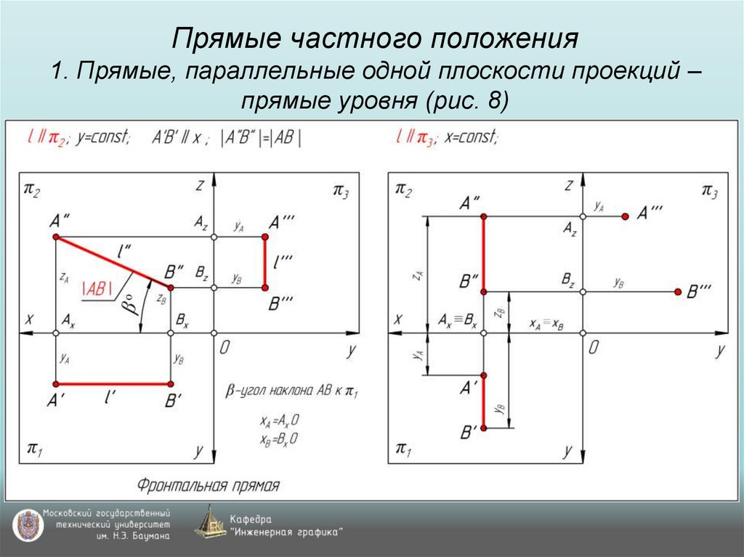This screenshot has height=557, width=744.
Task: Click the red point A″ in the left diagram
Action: click(x=55, y=237)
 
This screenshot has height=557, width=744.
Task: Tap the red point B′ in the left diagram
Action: click(x=170, y=384)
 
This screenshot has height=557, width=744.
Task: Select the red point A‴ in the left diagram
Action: click(x=264, y=237)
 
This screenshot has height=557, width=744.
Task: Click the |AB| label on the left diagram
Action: click(x=97, y=288)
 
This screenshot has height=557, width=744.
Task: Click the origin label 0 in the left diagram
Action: click(x=225, y=349)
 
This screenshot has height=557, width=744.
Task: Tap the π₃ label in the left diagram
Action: click(x=341, y=190)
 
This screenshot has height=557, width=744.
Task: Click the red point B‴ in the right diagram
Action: click(x=677, y=291)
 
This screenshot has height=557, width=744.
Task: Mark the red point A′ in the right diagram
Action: click(x=485, y=375)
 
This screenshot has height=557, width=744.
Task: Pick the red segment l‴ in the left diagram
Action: click(x=264, y=263)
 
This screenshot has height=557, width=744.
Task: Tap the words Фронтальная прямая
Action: click(x=208, y=485)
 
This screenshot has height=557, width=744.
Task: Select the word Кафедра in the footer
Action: click(x=251, y=519)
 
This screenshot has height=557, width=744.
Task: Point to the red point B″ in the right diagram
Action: click(x=485, y=291)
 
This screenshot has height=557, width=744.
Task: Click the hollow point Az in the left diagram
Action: click(x=213, y=237)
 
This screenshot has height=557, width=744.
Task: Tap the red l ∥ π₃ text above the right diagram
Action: click(x=415, y=137)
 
